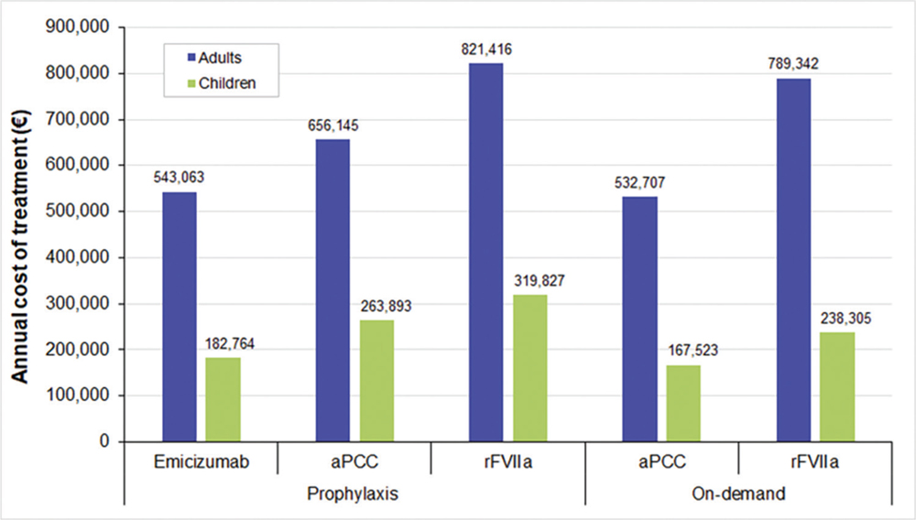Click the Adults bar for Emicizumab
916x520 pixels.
pos(179,317)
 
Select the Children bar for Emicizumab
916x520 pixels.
pos(223,399)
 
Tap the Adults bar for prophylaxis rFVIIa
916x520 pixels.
pos(485,253)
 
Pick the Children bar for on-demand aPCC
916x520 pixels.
pos(683,403)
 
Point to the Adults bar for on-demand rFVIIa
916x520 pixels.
pos(793,260)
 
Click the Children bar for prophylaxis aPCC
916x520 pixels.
pos(376,381)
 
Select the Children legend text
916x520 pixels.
pos(230,82)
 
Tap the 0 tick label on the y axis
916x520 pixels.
pos(105,441)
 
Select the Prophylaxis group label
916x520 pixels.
pos(354,494)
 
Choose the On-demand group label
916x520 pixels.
pos(738,494)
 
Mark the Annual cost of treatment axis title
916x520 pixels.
pos(20,233)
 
